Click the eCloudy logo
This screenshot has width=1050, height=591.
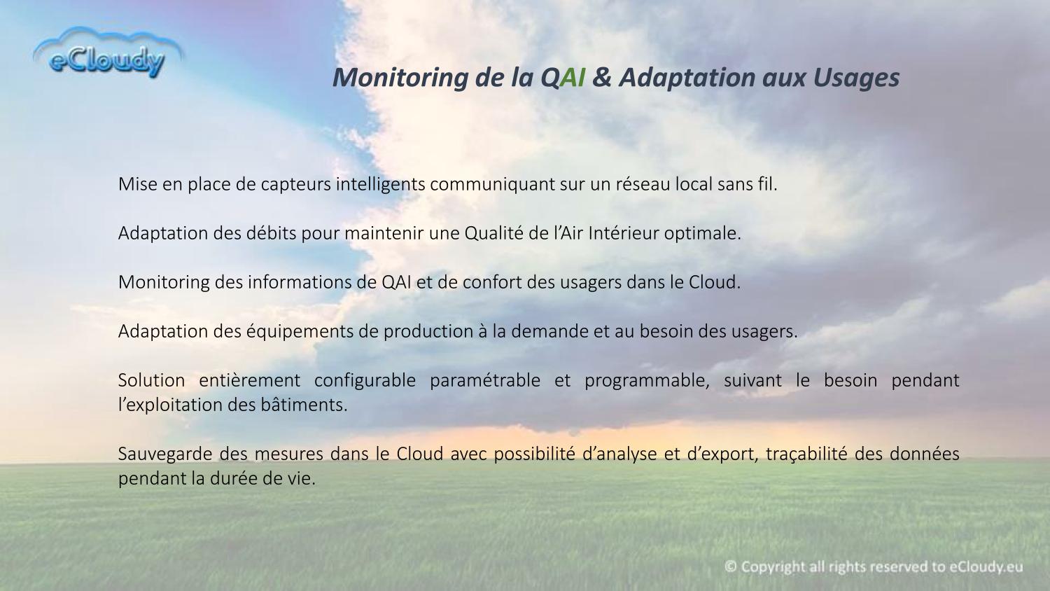108,53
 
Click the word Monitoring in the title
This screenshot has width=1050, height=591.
400,78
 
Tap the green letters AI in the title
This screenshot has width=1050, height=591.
572,78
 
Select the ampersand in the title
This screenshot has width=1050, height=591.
602,78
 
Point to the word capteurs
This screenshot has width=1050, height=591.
296,184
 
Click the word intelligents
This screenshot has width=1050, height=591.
381,184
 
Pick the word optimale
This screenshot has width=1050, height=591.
703,234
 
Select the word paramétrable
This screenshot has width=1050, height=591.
485,381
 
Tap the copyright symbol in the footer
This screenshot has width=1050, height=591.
730,566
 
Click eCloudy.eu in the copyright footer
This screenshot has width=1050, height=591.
986,567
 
